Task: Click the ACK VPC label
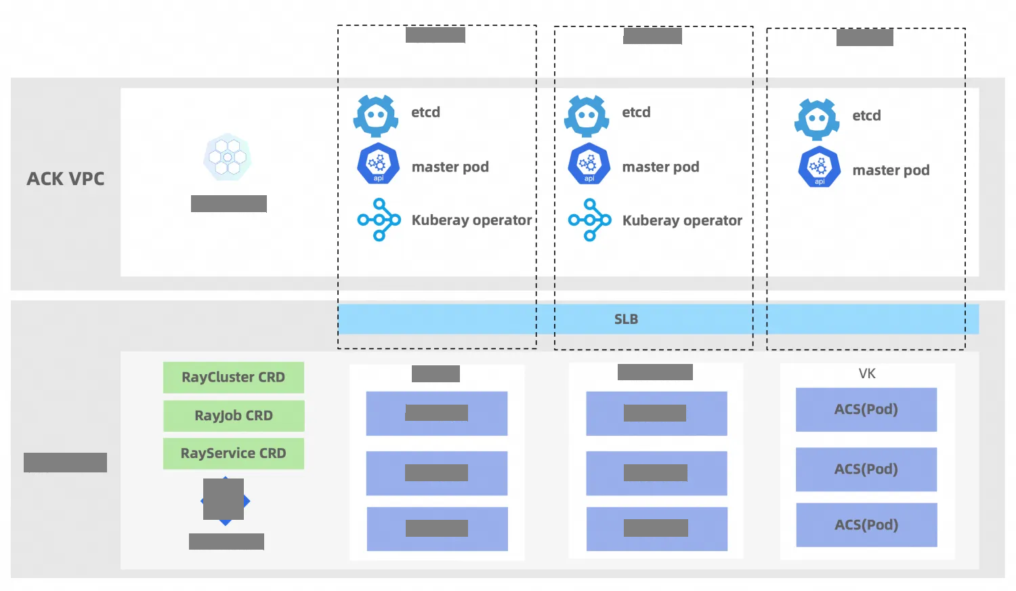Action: [x=66, y=179]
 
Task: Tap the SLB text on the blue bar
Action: [x=626, y=319]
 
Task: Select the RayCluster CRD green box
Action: [x=233, y=378]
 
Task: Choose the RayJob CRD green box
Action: [x=233, y=415]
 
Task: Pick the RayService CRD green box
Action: [x=233, y=453]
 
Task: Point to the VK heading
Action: [x=867, y=373]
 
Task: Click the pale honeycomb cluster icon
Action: [x=228, y=157]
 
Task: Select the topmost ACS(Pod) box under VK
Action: [x=866, y=409]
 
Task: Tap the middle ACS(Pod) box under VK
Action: [x=866, y=469]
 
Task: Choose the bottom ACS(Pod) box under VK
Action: [x=866, y=525]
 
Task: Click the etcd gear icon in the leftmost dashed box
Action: [x=376, y=116]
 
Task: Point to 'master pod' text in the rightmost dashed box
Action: [x=891, y=170]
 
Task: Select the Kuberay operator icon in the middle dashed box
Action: [x=589, y=220]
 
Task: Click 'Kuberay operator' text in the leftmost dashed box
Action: [x=471, y=220]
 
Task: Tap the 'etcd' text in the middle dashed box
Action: [x=636, y=113]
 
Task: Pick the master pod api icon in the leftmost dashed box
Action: [x=378, y=164]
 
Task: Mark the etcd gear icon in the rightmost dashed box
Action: [x=818, y=119]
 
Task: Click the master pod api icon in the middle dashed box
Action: [x=589, y=164]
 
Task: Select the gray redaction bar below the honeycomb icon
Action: [x=229, y=203]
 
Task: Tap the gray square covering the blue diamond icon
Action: [x=224, y=499]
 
